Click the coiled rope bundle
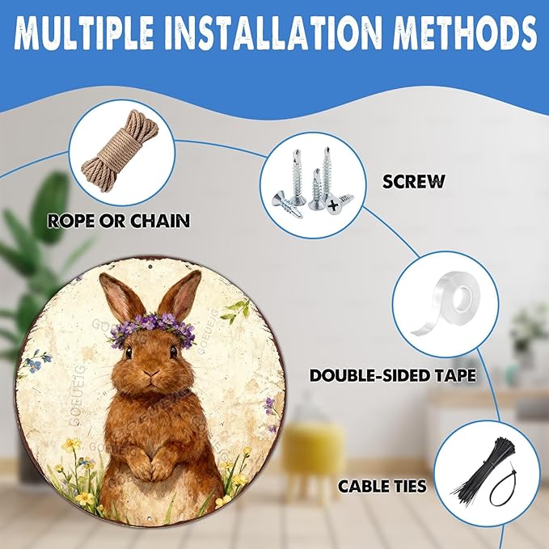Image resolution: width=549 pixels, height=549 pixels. (x=121, y=152)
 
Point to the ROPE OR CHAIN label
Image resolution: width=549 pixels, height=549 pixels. (x=119, y=221)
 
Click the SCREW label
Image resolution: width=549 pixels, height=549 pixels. (x=413, y=181)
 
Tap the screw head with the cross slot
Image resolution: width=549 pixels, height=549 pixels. (x=334, y=205)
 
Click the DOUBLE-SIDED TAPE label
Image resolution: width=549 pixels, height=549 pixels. (x=393, y=376)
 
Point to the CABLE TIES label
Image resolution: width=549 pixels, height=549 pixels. (x=382, y=486)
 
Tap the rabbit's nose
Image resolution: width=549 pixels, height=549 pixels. (x=151, y=374)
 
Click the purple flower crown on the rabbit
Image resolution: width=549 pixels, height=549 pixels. (x=153, y=329)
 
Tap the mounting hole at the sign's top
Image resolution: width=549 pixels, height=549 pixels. (x=150, y=267)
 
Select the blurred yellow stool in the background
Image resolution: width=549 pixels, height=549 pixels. (x=312, y=448)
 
